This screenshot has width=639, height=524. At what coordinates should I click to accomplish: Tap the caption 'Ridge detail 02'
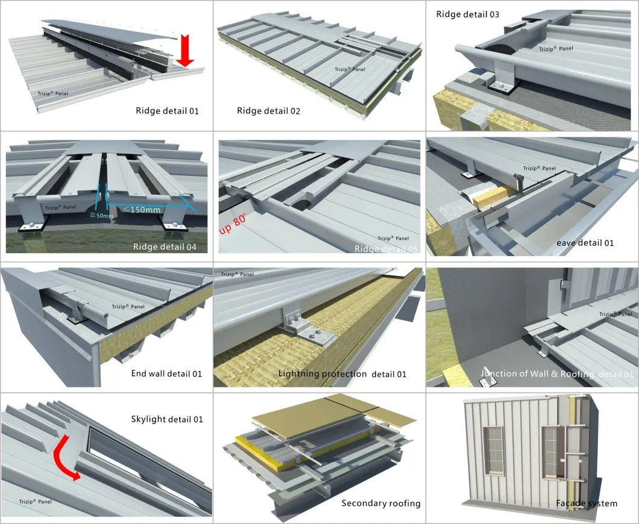[x=268, y=111]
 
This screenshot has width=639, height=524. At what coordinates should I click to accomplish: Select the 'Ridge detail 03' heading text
[x=468, y=14]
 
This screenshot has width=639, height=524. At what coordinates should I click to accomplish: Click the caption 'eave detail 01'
[x=585, y=243]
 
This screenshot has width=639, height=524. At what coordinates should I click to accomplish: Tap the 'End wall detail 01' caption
[x=166, y=374]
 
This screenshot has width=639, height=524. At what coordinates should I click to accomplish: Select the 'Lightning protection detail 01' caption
[x=342, y=374]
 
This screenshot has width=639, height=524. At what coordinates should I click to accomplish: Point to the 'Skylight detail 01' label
[x=167, y=419]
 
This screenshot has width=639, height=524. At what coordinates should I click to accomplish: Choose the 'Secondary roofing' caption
[x=381, y=504]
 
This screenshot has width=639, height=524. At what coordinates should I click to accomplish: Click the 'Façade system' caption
[x=587, y=504]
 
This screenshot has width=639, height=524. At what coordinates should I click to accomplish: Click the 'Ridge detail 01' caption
[x=167, y=111]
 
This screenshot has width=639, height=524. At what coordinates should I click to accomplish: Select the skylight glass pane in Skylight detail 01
[x=145, y=458]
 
